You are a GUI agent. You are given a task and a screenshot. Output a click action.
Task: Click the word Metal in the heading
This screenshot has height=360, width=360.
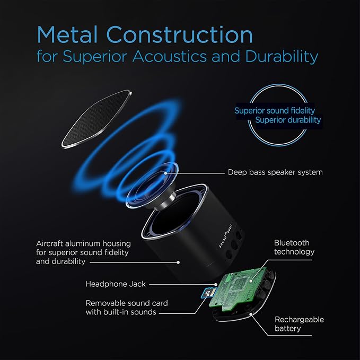click(67, 34)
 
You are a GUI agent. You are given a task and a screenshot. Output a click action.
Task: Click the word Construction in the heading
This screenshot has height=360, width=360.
click(180, 34)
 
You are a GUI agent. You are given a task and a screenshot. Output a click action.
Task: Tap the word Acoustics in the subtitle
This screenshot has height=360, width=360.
click(170, 56)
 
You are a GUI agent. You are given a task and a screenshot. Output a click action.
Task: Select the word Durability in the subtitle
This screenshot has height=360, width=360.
click(282, 57)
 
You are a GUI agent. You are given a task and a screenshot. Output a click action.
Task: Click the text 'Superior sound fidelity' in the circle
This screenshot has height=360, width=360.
click(275, 111)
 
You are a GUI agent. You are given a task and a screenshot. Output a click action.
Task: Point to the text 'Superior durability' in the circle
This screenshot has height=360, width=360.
click(288, 120)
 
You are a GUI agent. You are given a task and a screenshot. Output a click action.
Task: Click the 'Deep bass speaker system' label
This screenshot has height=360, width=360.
click(275, 172)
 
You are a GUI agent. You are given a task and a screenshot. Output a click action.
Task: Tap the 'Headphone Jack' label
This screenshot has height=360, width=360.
click(116, 284)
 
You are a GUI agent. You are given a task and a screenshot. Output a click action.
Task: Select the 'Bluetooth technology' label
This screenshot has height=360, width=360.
click(294, 247)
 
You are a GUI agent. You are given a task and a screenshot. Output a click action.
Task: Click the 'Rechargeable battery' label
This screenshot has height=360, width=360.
click(299, 324)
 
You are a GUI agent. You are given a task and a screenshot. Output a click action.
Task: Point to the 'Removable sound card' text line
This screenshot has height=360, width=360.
click(127, 303)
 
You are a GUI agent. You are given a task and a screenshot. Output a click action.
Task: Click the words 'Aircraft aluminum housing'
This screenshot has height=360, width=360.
click(84, 243)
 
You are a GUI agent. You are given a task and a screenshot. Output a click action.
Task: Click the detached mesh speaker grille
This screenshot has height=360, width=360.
click(96, 119)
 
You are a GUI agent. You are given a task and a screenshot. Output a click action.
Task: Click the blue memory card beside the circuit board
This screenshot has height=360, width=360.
click(207, 293)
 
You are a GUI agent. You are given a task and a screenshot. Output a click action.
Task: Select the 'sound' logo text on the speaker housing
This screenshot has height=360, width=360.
click(222, 242)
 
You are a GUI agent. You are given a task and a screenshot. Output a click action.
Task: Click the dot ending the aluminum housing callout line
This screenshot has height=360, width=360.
click(178, 262)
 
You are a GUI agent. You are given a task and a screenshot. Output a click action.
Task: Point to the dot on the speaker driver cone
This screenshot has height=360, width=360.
click(165, 173)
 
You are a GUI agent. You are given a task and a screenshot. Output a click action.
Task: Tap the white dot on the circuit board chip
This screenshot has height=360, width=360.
click(251, 281)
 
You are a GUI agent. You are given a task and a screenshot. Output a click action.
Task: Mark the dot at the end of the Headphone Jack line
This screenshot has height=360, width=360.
click(216, 285)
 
